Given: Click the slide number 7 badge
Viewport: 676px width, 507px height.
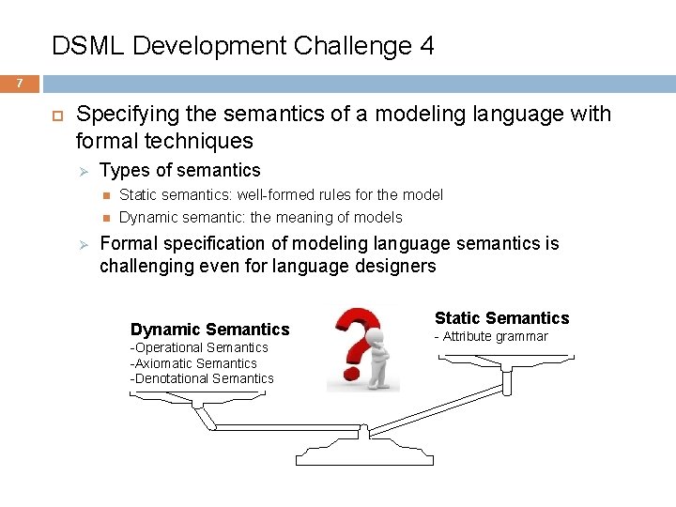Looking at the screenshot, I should pos(19,84).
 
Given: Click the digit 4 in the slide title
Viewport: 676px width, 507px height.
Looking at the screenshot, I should pos(426,46).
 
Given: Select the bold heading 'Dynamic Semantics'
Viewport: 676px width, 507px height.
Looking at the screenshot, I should pos(209,329).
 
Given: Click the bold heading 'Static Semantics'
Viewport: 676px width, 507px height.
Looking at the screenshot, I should pos(501,318).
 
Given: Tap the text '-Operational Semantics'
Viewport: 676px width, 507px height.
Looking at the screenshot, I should pos(199,347).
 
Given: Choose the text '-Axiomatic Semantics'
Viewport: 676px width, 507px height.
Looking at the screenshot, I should pos(193,363).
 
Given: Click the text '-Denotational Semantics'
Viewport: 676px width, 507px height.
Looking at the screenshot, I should pos(202,379).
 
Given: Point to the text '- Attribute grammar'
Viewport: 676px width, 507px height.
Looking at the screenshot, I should pos(490,336).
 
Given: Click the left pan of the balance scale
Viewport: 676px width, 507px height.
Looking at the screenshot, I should pos(197,395).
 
